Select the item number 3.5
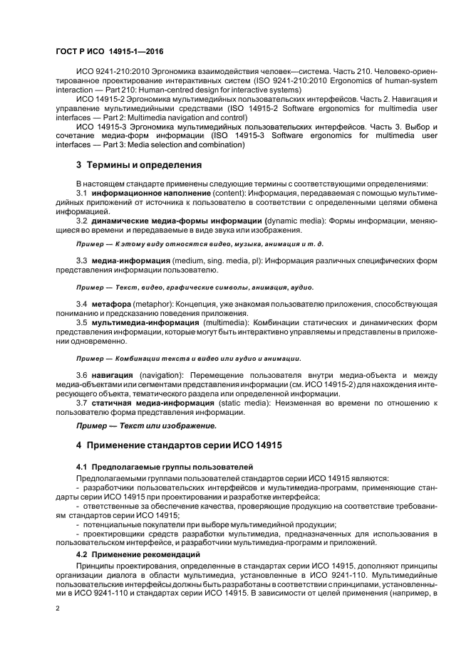tap(82, 322)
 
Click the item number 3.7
tap(82, 403)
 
